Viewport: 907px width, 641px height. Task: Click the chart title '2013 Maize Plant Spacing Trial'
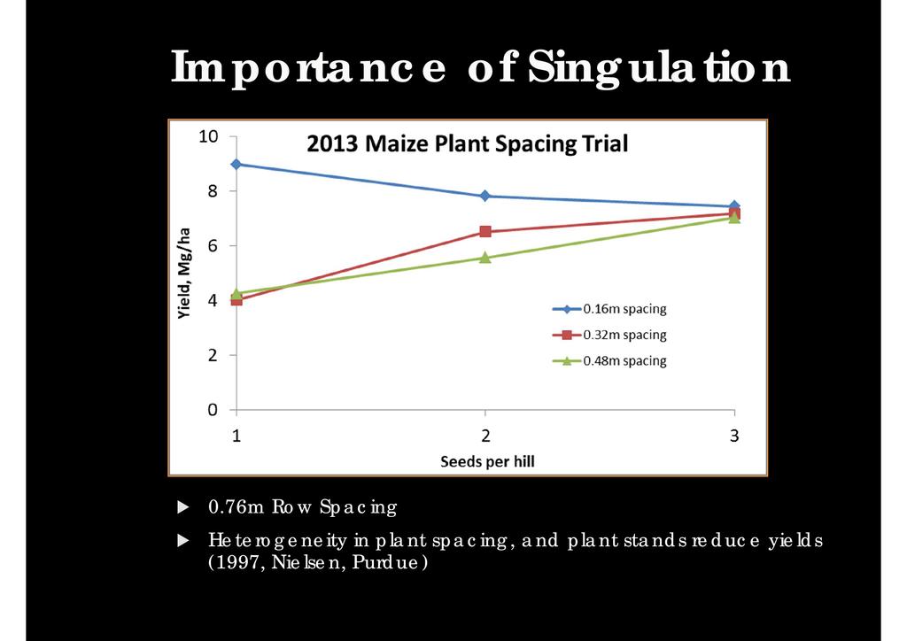click(x=467, y=143)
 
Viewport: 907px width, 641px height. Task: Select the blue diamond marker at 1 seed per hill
click(x=236, y=164)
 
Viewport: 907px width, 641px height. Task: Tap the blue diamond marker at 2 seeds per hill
click(x=485, y=196)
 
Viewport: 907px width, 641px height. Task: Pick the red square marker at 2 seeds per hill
click(x=485, y=231)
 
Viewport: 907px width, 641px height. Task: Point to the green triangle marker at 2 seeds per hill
click(x=485, y=258)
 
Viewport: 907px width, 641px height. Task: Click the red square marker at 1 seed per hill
click(x=236, y=299)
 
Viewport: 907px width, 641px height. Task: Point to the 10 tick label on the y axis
click(x=208, y=136)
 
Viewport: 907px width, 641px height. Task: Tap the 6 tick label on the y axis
click(x=213, y=245)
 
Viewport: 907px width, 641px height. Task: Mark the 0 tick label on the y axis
click(x=213, y=410)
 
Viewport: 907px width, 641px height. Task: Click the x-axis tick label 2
click(x=485, y=436)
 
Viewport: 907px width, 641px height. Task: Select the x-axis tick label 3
click(x=734, y=436)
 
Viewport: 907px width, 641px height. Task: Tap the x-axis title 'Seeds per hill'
click(x=488, y=461)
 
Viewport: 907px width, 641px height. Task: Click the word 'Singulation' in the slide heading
click(x=657, y=67)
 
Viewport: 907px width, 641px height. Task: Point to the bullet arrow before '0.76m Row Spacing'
click(x=183, y=507)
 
